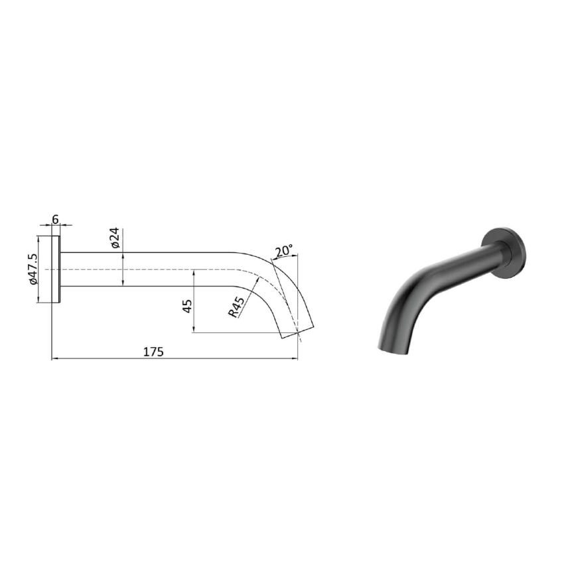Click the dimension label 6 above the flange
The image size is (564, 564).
coord(56,218)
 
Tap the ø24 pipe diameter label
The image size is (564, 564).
coord(114,238)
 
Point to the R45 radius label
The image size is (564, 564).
coord(236,307)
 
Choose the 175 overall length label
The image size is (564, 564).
coord(154,351)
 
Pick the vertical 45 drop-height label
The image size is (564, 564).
coord(187,306)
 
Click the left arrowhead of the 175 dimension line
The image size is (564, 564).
coord(54,359)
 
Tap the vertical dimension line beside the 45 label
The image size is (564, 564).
coord(193,302)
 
